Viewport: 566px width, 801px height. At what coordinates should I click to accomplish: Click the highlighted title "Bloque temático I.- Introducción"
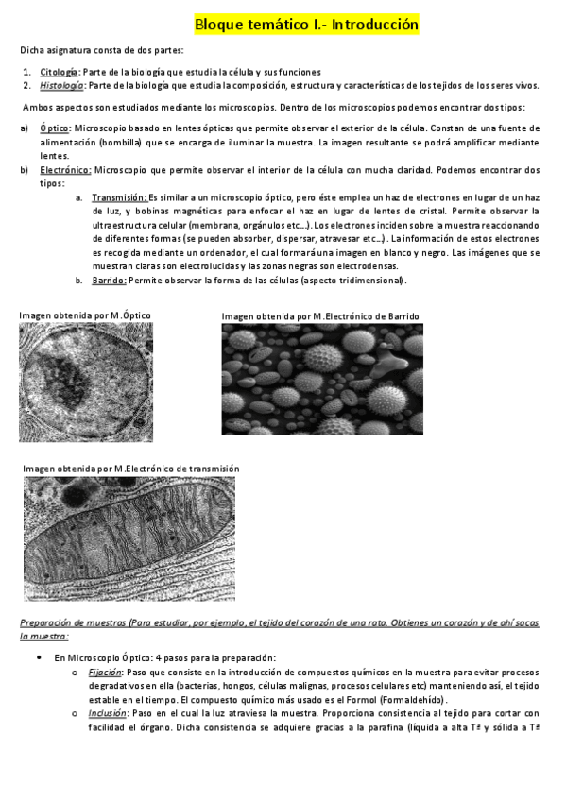306,25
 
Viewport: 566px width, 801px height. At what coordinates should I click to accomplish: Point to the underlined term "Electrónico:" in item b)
65,170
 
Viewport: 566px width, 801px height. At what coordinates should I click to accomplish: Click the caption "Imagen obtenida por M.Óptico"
85,315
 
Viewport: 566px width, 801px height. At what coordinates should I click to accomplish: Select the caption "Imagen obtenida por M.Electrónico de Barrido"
319,316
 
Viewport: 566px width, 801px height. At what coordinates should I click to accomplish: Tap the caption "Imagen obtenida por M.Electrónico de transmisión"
131,469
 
